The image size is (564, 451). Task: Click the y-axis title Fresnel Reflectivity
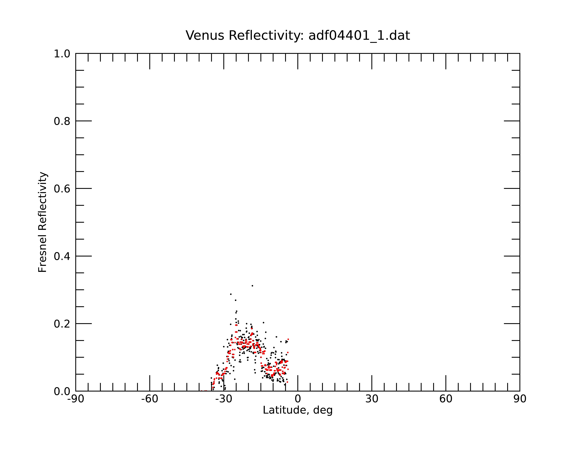tap(43, 222)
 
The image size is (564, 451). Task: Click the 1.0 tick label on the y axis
tap(62, 54)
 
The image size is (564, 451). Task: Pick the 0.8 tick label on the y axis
tap(62, 121)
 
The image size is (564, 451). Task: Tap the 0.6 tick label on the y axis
tap(62, 189)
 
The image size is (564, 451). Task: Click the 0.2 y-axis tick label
tap(62, 324)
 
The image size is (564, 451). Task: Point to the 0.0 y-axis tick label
tap(62, 391)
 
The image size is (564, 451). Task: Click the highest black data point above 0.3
tap(252, 286)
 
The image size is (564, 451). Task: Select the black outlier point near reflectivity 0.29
tap(231, 294)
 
